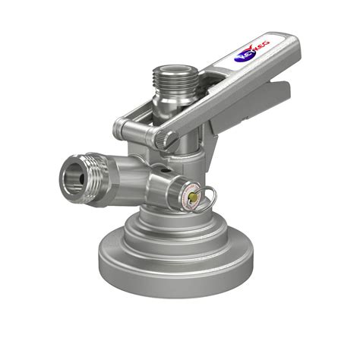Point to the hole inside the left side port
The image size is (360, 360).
(x=73, y=176)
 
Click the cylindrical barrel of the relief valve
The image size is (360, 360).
(x=171, y=186)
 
